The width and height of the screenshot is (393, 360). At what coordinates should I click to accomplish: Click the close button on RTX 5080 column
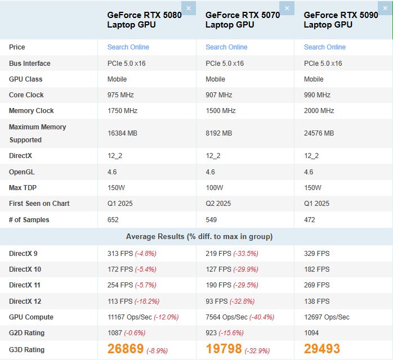(189, 8)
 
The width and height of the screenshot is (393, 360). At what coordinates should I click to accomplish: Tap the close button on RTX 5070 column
(287, 8)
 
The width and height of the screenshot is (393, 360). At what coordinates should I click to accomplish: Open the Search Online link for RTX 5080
(128, 47)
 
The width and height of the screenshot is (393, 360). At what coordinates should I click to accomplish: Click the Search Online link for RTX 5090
(325, 47)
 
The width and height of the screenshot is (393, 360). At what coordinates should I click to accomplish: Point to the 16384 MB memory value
(123, 133)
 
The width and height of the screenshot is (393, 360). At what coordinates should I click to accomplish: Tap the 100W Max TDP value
(215, 187)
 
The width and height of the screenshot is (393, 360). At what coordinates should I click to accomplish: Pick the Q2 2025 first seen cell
(218, 203)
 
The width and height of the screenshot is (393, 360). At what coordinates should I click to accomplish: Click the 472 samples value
(310, 219)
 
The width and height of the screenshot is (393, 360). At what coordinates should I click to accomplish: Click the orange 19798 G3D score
(224, 349)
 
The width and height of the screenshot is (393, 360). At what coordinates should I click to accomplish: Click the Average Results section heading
(199, 236)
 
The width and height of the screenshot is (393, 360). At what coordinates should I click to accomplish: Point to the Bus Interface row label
(29, 64)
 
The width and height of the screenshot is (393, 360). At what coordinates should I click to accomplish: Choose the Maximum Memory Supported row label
(37, 133)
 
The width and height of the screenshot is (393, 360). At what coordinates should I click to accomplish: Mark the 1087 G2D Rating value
(115, 333)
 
